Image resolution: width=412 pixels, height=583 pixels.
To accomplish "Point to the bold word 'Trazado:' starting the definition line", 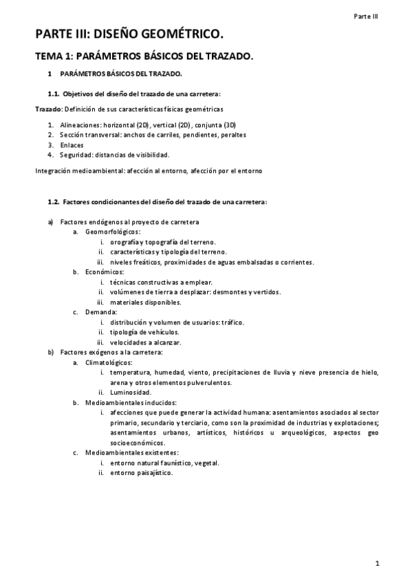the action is pos(49,109).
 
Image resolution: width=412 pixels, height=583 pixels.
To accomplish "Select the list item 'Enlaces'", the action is pos(72,145).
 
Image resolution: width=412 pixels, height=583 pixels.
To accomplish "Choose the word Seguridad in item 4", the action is pos(76,155).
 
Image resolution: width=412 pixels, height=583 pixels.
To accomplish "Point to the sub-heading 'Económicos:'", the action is pos(105,272).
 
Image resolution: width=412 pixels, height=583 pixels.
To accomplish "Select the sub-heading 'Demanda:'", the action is pos(101,312).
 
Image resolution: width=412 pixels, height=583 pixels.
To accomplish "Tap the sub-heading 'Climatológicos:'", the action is pos(110,362).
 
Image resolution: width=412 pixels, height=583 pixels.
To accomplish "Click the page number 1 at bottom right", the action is pos(378,564).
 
